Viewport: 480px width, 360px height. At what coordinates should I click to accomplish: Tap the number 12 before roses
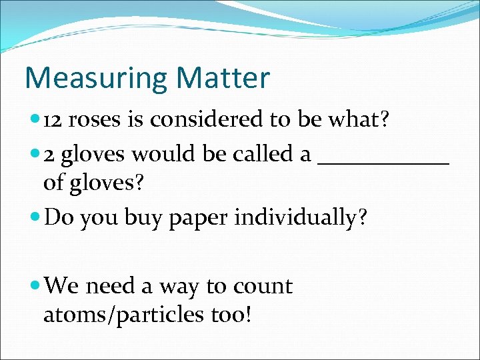[53, 120]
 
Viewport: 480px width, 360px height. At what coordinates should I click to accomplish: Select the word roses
[95, 121]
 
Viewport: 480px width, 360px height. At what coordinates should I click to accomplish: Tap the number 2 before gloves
[49, 155]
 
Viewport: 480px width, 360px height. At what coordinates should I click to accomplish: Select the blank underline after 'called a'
[384, 160]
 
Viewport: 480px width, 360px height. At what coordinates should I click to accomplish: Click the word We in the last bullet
[63, 286]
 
